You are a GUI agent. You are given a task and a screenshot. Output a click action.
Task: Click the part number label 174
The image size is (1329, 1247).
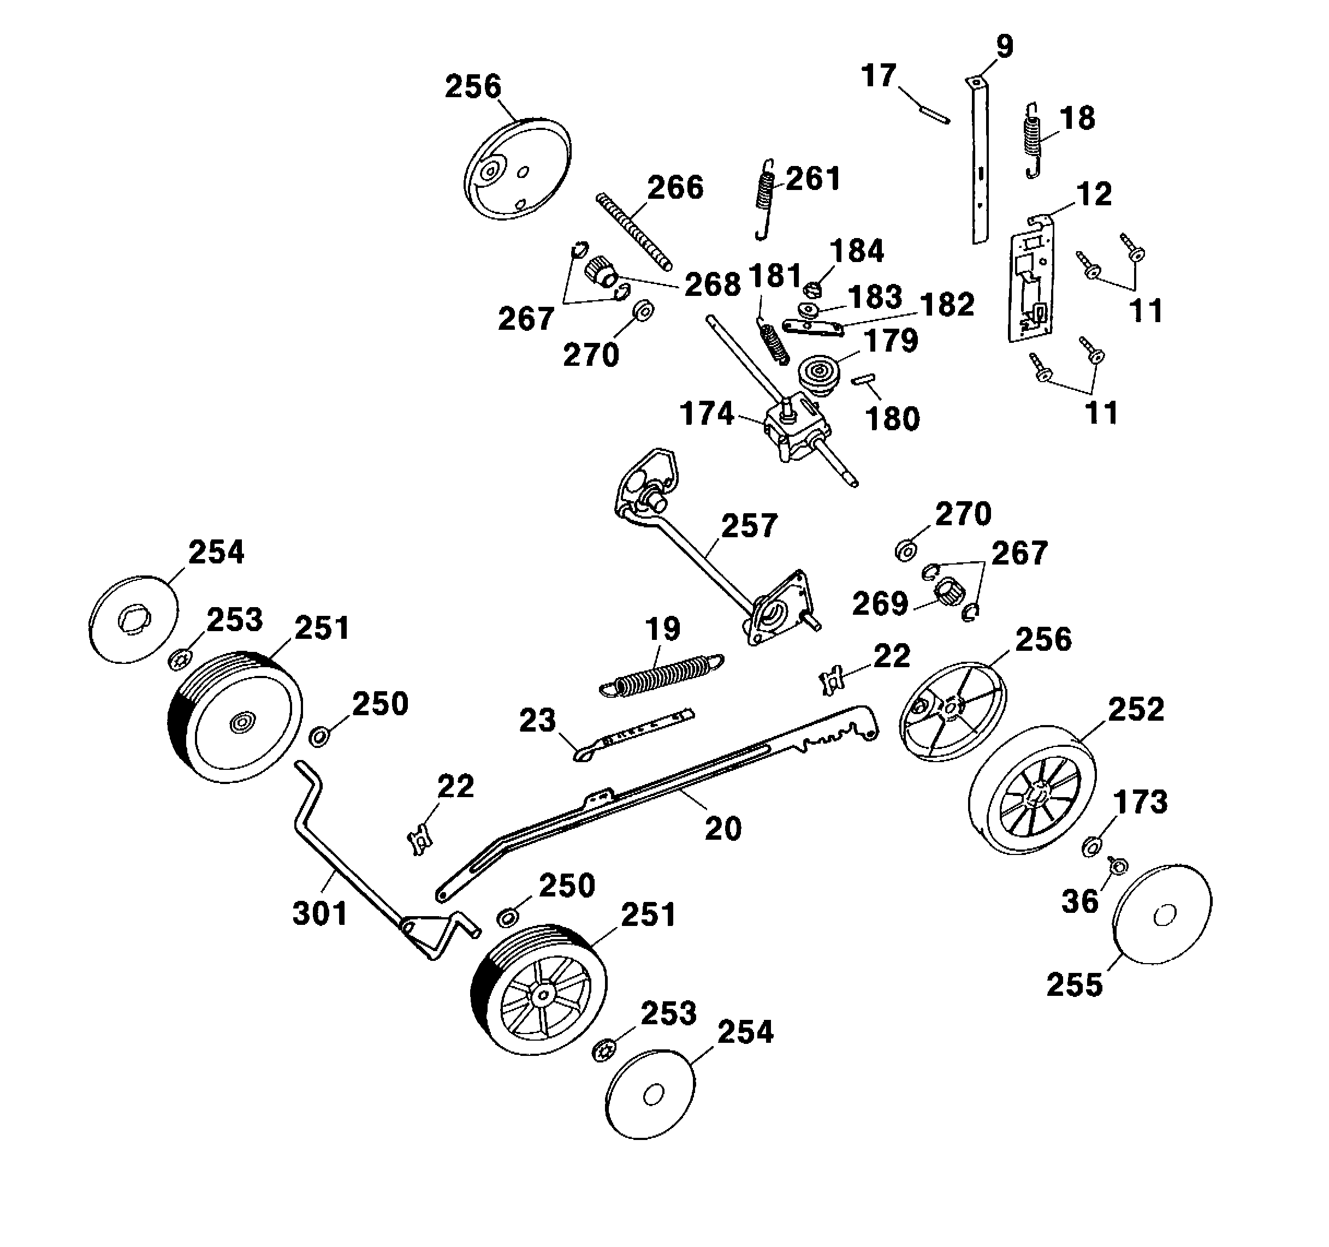pyautogui.click(x=707, y=414)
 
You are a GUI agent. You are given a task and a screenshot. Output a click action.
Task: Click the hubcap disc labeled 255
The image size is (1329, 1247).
pyautogui.click(x=1162, y=915)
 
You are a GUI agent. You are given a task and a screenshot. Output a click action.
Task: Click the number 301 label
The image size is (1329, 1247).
pyautogui.click(x=320, y=913)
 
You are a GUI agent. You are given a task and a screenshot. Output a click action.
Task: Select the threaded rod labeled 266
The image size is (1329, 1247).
pyautogui.click(x=634, y=232)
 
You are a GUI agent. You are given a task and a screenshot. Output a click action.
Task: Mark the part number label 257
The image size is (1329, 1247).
pyautogui.click(x=749, y=526)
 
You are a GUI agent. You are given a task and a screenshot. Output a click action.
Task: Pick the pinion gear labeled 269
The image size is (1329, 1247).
pyautogui.click(x=950, y=592)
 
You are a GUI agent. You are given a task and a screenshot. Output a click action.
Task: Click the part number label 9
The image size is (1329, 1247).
pyautogui.click(x=1004, y=47)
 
